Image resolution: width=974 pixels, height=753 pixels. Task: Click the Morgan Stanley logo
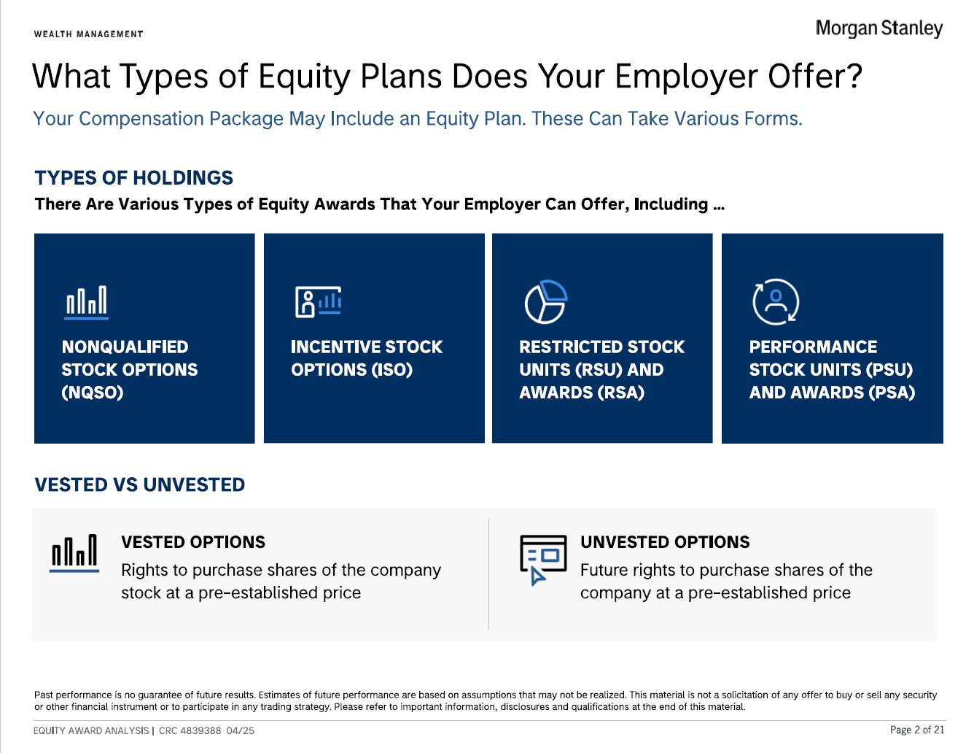pos(878,28)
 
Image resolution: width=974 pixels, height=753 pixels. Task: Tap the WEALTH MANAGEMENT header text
pos(89,34)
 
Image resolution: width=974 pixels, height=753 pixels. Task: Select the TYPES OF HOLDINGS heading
pos(133,177)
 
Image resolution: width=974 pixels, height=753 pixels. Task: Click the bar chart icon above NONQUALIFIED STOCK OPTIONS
pos(86,302)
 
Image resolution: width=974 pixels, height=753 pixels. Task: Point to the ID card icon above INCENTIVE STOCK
pos(319,302)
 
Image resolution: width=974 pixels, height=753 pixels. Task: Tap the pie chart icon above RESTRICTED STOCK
pos(546,302)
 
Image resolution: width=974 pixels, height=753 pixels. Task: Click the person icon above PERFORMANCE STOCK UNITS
pos(776,302)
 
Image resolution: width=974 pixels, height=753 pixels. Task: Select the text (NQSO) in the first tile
pos(93,393)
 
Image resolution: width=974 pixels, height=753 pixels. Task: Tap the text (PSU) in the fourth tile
pos(889,369)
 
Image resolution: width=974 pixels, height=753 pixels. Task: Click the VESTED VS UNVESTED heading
pos(140,484)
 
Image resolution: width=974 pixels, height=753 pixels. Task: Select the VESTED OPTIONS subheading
pos(193,542)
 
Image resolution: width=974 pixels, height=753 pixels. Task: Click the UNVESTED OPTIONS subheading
pos(665,542)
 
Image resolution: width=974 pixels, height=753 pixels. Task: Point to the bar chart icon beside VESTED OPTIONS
pos(74,553)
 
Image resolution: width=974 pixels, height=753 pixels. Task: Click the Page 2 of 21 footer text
pos(916,730)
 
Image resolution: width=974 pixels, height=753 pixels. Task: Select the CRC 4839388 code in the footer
pos(190,730)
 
